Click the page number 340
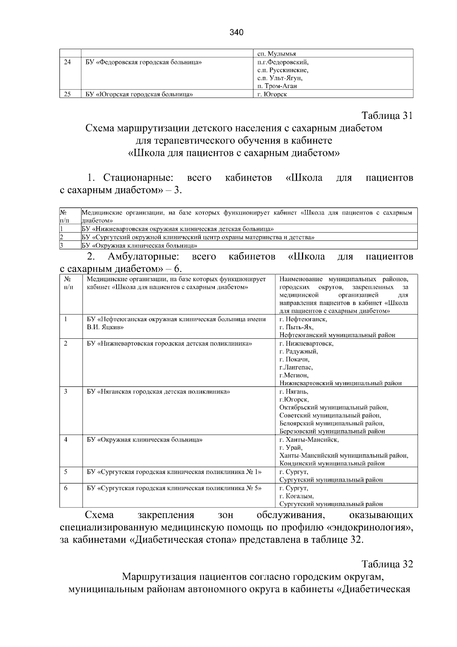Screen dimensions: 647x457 pos(236,32)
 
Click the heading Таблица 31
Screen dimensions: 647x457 pos(387,116)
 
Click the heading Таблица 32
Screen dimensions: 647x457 pos(387,564)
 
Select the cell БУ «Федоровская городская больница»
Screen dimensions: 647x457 pos(144,62)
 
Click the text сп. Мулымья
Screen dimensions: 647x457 pos(277,54)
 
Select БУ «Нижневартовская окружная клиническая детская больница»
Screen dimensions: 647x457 pos(178,229)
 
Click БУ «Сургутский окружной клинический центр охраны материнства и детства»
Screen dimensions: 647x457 pos(198,237)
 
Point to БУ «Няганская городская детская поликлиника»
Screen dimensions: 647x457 pos(158,391)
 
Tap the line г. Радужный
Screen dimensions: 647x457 pos(299,351)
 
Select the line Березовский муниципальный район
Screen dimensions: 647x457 pos(332,431)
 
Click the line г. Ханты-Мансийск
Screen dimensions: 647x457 pos(309,439)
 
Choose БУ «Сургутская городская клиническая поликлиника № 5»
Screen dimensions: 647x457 pos(174,488)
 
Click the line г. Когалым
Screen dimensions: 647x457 pos(296,496)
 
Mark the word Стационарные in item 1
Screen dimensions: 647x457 pos(139,178)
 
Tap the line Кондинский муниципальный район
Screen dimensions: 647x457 pos(332,463)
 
